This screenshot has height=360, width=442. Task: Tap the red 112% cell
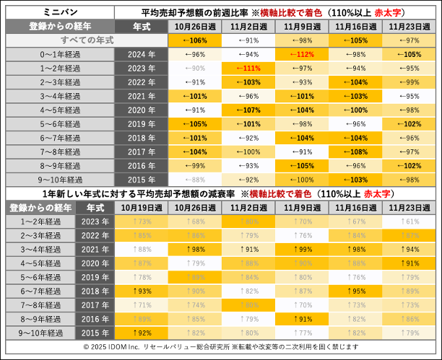click(302, 54)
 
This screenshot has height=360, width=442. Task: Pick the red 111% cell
click(248, 68)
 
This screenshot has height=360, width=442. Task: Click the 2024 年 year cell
click(142, 54)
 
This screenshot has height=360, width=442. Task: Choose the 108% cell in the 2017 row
click(355, 152)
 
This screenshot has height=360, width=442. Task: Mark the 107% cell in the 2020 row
click(248, 110)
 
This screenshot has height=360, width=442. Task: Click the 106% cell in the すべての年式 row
click(194, 40)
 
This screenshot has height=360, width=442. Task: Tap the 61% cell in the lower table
click(409, 221)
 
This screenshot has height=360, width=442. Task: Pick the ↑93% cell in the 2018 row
click(141, 291)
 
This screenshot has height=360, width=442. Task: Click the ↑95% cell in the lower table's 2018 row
click(355, 291)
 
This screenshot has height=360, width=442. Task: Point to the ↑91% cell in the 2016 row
click(302, 318)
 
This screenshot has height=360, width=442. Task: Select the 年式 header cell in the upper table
click(142, 26)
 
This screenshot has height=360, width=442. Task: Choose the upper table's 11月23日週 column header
click(409, 26)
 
